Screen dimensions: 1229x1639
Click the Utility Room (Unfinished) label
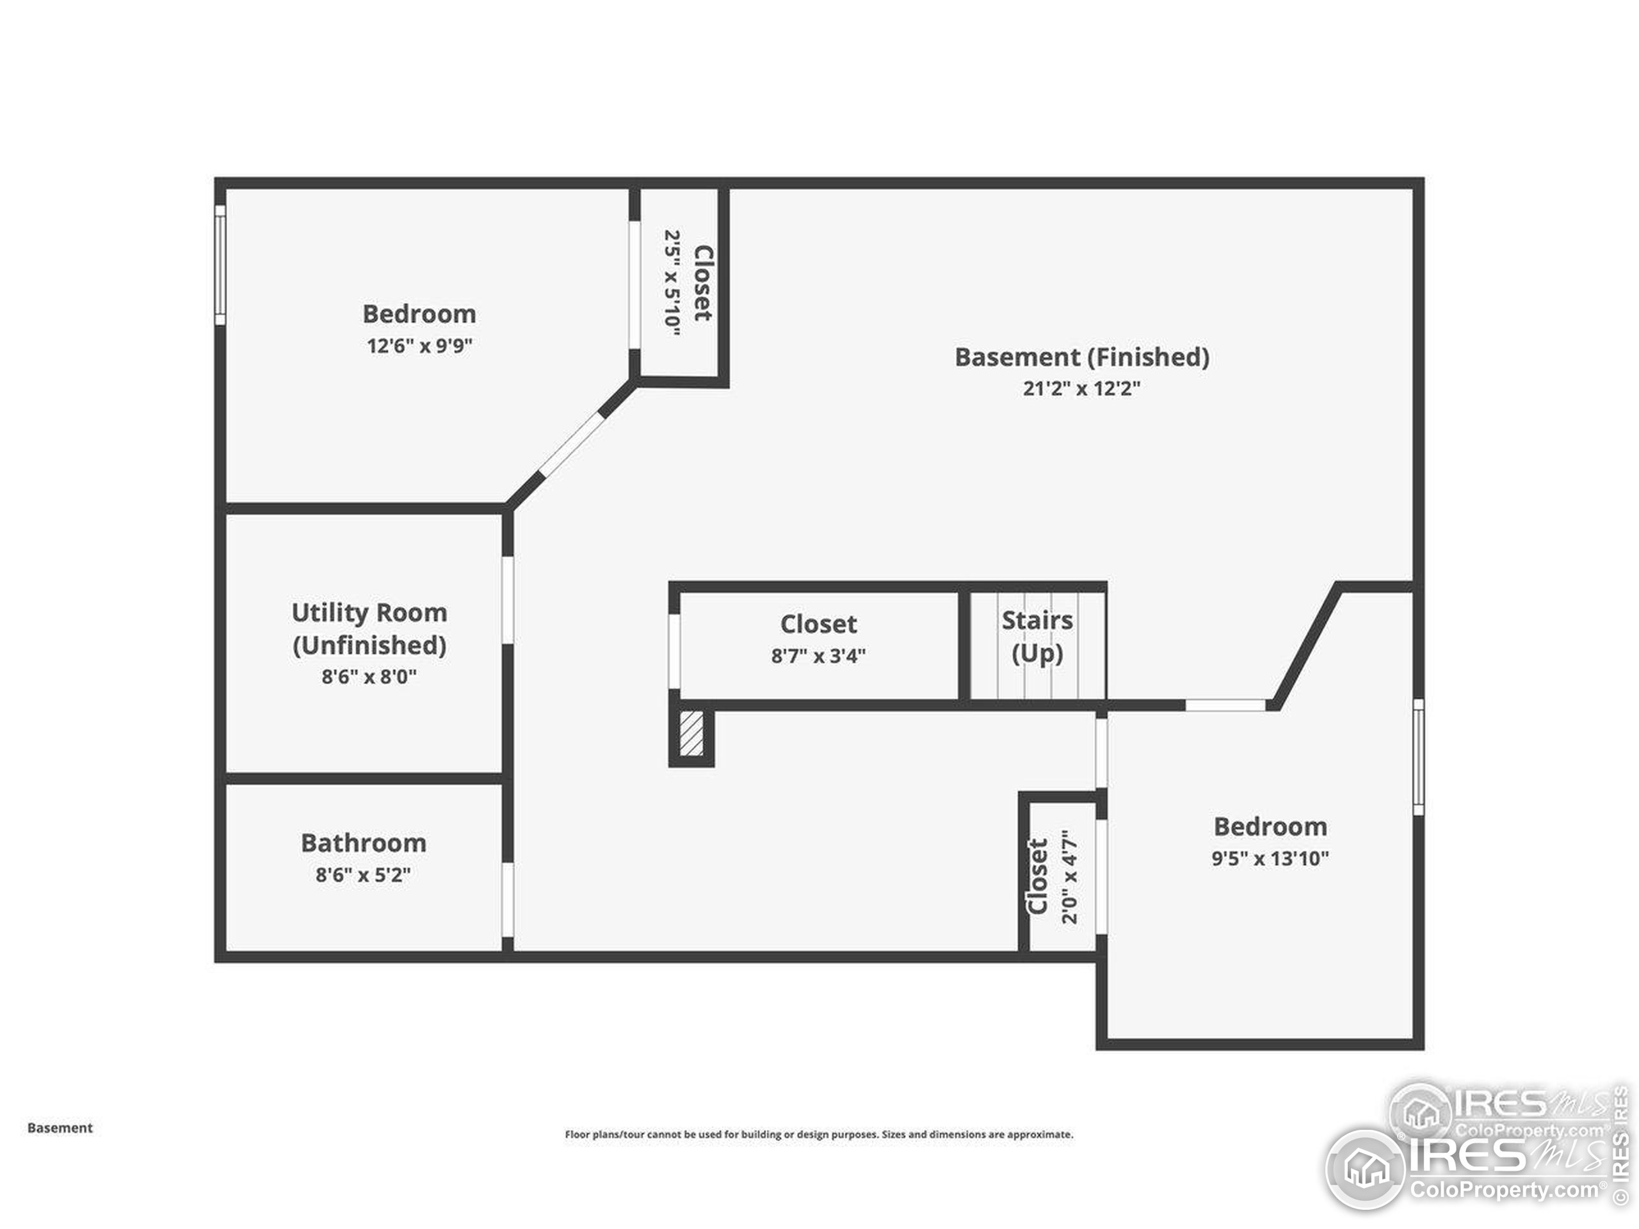pyautogui.click(x=369, y=628)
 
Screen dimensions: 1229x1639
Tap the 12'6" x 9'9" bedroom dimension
pyautogui.click(x=419, y=346)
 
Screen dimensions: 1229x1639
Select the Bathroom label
pyautogui.click(x=363, y=843)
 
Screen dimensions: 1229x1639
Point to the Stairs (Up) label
pyautogui.click(x=1037, y=636)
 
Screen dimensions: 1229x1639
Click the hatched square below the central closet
pyautogui.click(x=691, y=734)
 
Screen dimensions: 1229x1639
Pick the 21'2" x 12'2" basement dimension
pyautogui.click(x=1081, y=388)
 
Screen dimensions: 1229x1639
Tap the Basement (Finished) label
pyautogui.click(x=1081, y=357)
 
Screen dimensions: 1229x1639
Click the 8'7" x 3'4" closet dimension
pyautogui.click(x=818, y=655)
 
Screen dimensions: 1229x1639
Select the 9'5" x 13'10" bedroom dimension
pyautogui.click(x=1270, y=858)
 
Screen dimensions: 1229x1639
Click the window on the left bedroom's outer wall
pyautogui.click(x=220, y=264)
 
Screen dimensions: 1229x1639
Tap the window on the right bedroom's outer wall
pyautogui.click(x=1417, y=757)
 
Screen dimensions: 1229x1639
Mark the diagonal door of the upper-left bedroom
pyautogui.click(x=571, y=444)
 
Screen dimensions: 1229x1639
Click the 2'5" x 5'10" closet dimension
pyautogui.click(x=672, y=283)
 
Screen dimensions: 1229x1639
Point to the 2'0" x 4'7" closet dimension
pyautogui.click(x=1069, y=876)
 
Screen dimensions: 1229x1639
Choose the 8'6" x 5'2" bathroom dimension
pyautogui.click(x=363, y=875)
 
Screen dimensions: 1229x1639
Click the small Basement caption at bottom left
pyautogui.click(x=60, y=1127)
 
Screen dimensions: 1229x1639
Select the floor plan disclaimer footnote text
pyautogui.click(x=819, y=1134)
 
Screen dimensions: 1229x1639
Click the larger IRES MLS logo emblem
pyautogui.click(x=1366, y=1169)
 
